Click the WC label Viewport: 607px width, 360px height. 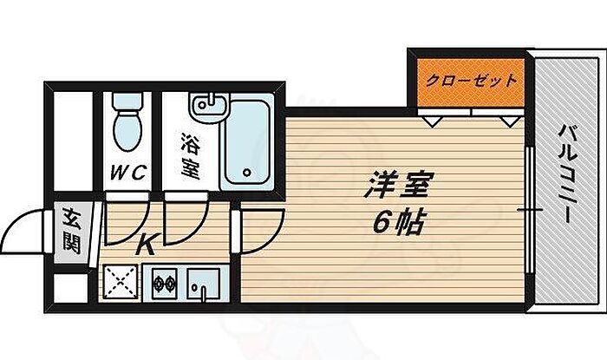point(127,170)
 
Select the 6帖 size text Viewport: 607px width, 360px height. point(399,224)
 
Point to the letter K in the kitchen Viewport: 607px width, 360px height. point(147,245)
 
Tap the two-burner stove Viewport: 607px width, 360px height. point(165,283)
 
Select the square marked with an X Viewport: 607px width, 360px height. point(120,283)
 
